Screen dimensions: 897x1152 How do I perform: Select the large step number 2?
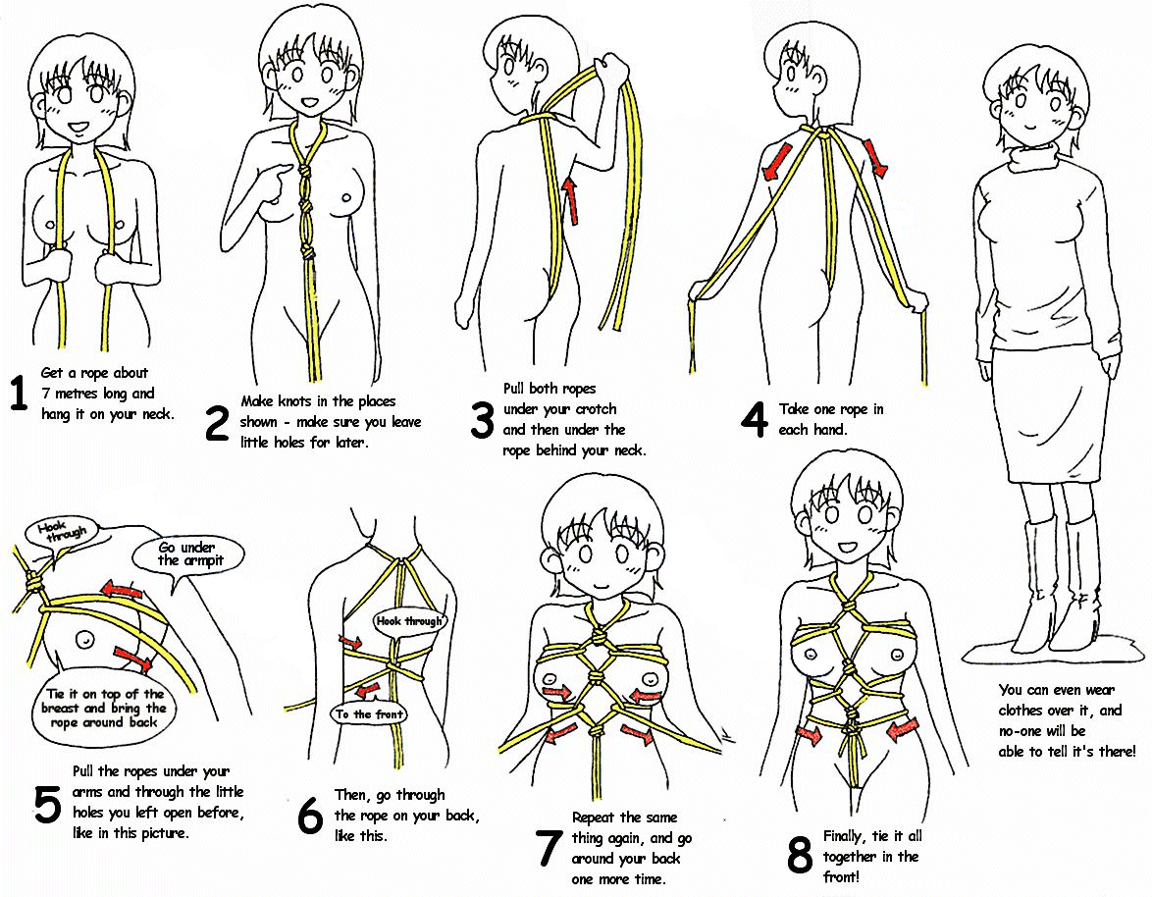point(217,421)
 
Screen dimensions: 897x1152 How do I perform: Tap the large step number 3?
point(482,419)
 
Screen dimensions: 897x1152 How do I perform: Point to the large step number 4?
point(753,419)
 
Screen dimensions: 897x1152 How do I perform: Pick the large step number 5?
point(46,804)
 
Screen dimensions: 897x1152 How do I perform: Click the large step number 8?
point(800,856)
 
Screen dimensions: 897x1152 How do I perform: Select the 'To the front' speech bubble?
point(369,714)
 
